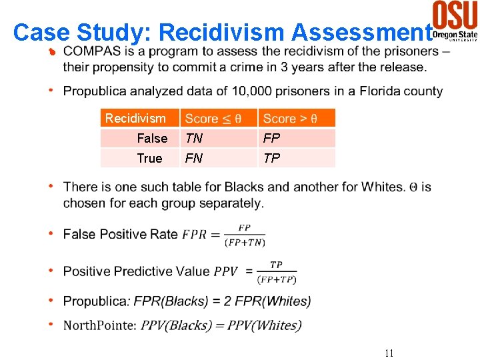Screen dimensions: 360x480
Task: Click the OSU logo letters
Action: (x=455, y=14)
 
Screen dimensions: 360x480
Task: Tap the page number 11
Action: (x=388, y=353)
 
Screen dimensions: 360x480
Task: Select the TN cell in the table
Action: (x=194, y=139)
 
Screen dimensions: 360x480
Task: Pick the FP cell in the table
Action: (x=271, y=139)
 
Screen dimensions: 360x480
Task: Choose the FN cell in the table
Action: (x=194, y=158)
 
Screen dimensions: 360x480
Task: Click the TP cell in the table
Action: (x=271, y=158)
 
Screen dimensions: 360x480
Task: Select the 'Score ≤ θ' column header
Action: (x=213, y=119)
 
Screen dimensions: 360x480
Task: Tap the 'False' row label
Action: (x=152, y=139)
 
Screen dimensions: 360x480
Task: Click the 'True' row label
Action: (x=149, y=158)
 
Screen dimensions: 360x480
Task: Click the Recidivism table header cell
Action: (x=135, y=119)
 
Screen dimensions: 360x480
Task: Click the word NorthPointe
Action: (x=99, y=325)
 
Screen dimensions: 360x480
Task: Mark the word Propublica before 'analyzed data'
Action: (x=95, y=91)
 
